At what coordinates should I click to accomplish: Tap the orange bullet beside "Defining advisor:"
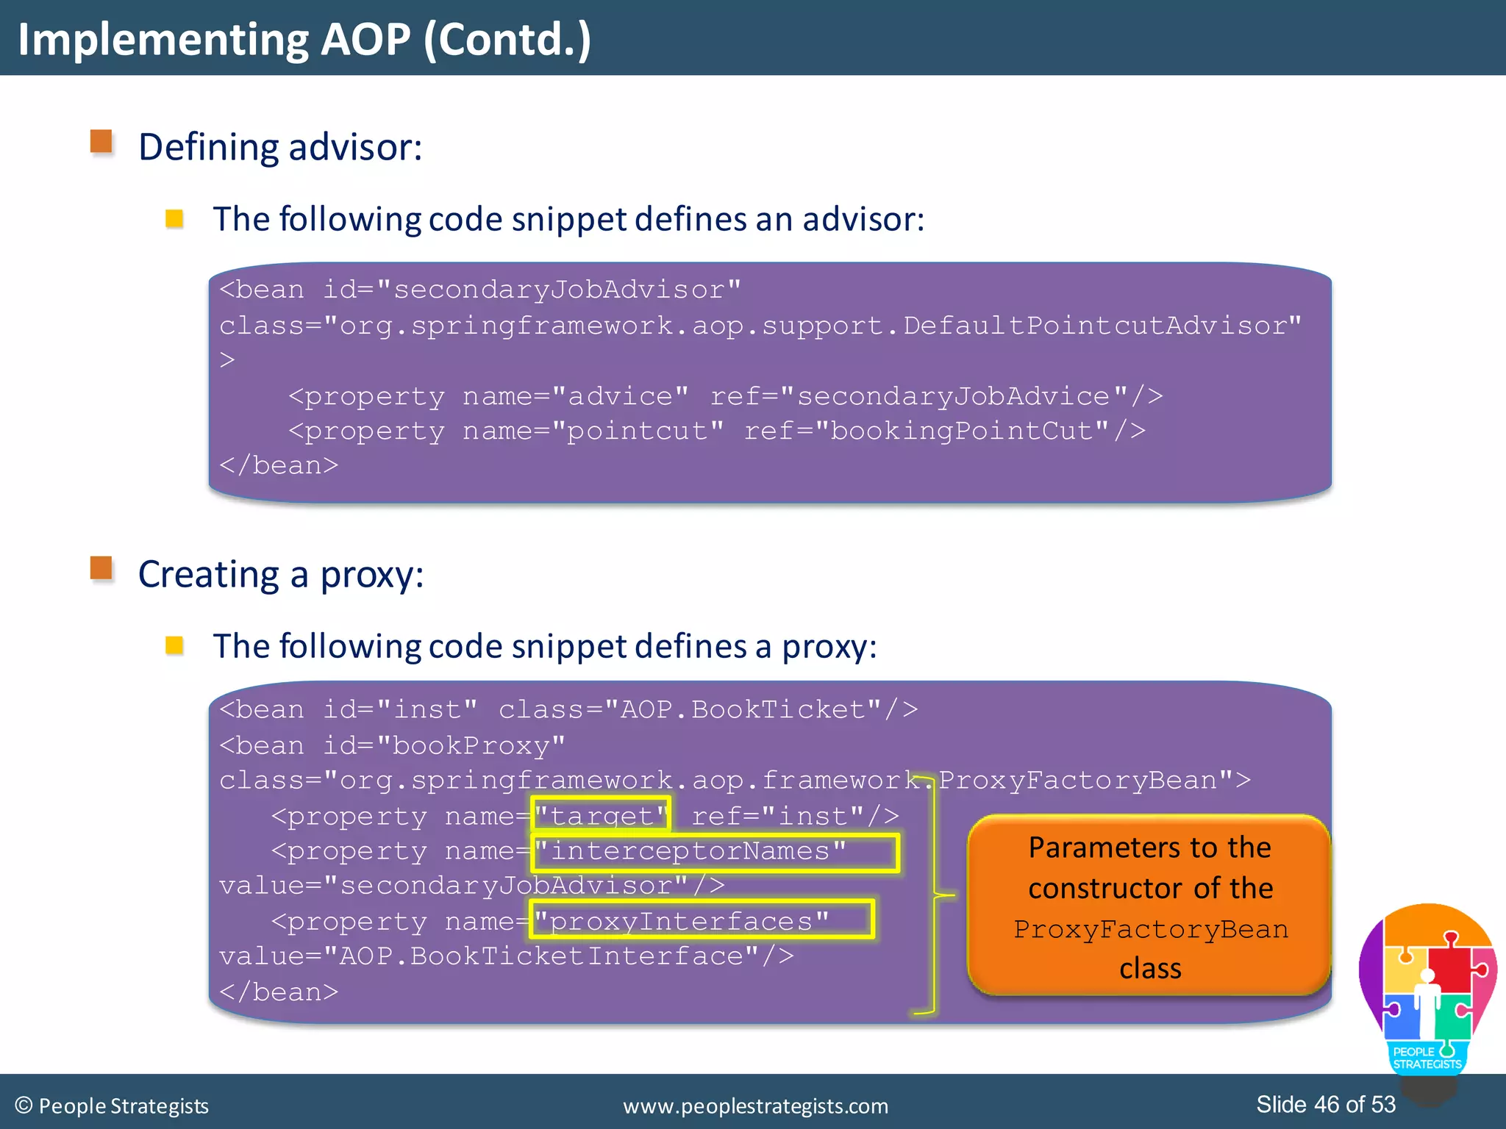(101, 141)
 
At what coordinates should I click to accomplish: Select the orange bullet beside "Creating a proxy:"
(101, 568)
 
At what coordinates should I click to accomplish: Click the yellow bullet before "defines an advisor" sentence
(174, 218)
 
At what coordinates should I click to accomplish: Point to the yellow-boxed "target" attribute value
(601, 815)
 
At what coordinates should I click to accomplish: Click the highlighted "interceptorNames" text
(690, 850)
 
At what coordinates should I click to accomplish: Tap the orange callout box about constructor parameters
(1149, 906)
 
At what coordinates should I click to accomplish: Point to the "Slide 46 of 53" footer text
(1325, 1104)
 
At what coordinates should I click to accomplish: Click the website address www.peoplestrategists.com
(755, 1105)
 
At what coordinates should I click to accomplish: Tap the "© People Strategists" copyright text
(112, 1105)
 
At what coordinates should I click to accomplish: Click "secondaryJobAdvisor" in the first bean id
(559, 290)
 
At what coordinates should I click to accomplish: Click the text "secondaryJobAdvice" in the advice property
(953, 396)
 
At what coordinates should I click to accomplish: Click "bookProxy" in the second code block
(471, 745)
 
